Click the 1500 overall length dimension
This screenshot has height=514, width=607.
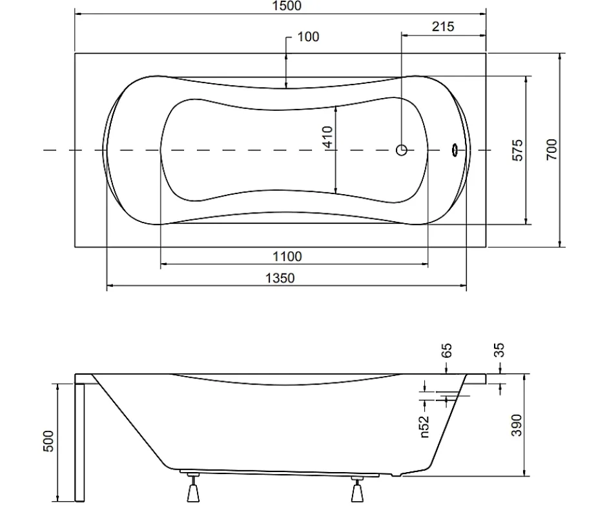tap(287, 6)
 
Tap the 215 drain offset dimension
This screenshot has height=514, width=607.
tap(443, 26)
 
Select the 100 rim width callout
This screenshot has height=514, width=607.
tap(308, 37)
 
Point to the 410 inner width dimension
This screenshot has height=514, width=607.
tap(328, 137)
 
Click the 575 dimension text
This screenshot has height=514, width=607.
tap(518, 150)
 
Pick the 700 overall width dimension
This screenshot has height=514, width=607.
tap(551, 150)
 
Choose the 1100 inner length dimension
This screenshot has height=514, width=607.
tap(287, 257)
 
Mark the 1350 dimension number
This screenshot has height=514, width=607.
tap(280, 278)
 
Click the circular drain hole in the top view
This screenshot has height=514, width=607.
tap(402, 150)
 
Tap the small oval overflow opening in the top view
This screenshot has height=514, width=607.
tap(455, 150)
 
